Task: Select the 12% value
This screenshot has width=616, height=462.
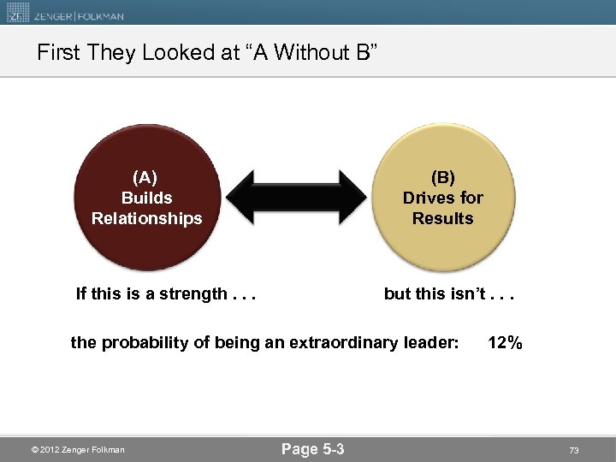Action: pyautogui.click(x=505, y=343)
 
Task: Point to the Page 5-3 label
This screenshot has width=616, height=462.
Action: pyautogui.click(x=312, y=449)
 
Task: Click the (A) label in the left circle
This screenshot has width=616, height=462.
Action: pyautogui.click(x=145, y=177)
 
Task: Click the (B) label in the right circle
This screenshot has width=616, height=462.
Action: pyautogui.click(x=442, y=177)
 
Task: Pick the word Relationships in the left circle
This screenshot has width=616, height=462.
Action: pyautogui.click(x=147, y=218)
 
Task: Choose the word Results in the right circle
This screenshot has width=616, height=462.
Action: pyautogui.click(x=442, y=218)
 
